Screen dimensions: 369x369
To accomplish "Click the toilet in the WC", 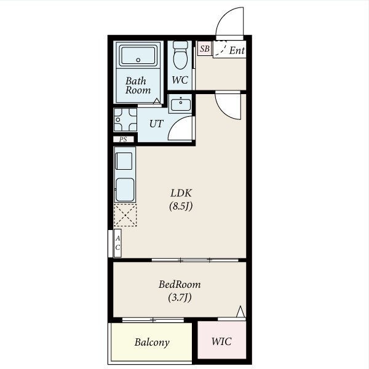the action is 180,55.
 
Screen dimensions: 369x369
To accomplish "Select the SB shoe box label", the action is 205,49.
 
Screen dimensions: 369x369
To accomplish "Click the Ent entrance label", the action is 237,50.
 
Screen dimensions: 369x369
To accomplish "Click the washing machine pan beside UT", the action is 125,119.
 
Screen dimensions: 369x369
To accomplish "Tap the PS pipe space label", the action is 123,140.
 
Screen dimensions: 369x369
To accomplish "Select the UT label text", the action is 156,124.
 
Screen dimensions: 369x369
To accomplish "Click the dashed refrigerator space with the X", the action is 125,215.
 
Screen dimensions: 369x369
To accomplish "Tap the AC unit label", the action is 117,243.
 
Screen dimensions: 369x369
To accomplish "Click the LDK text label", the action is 181,193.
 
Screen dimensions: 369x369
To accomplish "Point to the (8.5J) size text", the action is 181,207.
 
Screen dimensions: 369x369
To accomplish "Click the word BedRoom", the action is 180,284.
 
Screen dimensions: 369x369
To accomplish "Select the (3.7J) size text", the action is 180,298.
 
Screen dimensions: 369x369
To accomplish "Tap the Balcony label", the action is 152,342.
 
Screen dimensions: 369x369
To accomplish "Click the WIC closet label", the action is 221,341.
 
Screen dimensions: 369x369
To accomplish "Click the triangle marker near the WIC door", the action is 240,312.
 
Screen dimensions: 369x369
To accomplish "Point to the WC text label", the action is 180,80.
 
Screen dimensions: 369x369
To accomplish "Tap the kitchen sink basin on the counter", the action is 125,189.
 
